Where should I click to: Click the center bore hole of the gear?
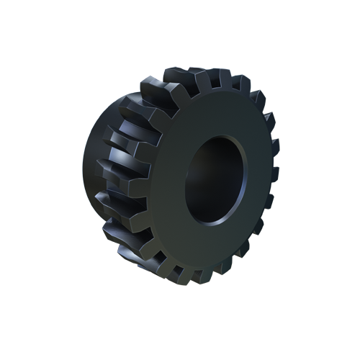point(215,180)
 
